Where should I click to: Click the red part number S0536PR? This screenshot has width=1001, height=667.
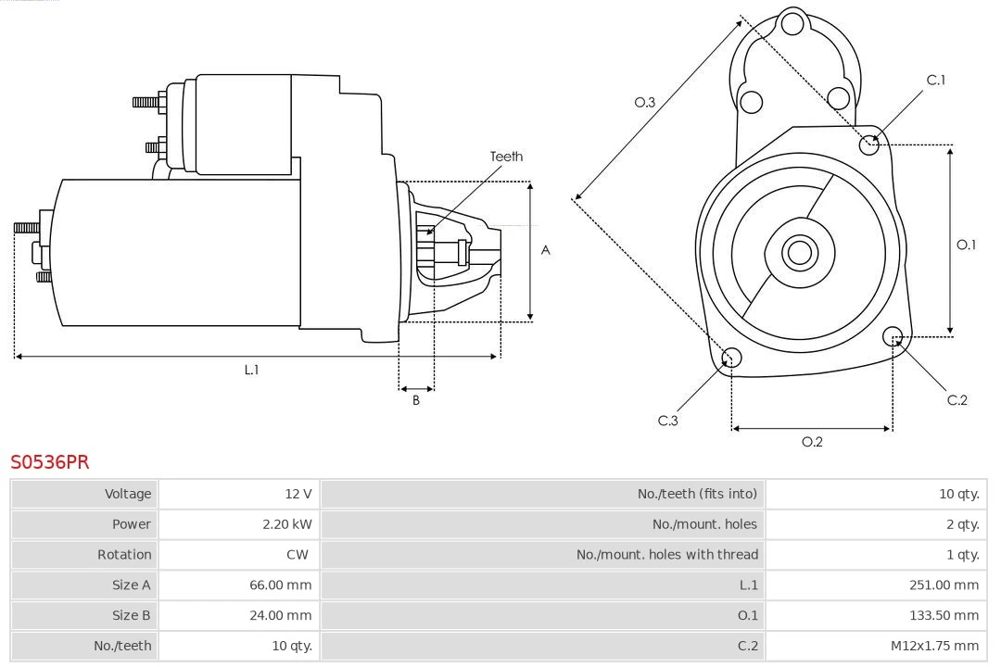[x=50, y=462]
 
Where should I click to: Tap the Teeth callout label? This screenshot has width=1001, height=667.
[x=506, y=157]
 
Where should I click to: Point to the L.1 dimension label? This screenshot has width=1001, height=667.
[x=251, y=370]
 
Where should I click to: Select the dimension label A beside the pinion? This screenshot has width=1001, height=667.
[x=546, y=250]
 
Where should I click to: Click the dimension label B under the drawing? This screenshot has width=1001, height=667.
[x=416, y=400]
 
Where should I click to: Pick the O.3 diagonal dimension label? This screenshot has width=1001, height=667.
[x=645, y=103]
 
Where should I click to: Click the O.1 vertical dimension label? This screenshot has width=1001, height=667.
[x=966, y=245]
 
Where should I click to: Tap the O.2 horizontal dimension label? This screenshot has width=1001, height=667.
[x=812, y=442]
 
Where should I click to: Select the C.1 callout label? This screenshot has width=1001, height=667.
[x=936, y=81]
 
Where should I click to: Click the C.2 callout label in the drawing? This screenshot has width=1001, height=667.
[x=957, y=400]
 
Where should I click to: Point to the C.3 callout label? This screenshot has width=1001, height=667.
[x=668, y=421]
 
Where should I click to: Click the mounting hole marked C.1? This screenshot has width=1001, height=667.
[x=869, y=145]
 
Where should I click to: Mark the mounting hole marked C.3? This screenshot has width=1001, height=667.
[x=731, y=359]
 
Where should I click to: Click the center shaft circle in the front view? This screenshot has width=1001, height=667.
[x=798, y=252]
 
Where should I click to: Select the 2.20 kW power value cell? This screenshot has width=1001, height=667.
[x=287, y=524]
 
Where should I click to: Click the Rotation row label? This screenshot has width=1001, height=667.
[x=124, y=555]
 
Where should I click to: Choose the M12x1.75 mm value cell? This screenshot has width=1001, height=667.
[x=932, y=646]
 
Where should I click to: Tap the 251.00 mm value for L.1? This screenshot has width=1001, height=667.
[x=944, y=585]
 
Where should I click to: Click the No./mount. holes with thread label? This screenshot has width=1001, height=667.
[x=667, y=555]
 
